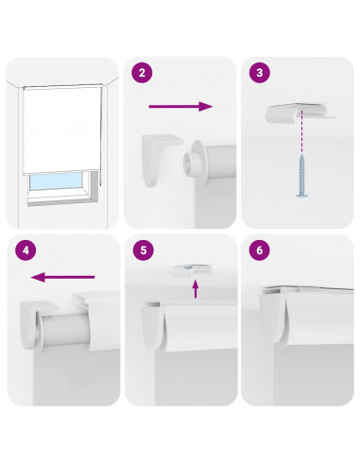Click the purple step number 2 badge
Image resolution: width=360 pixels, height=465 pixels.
tap(142, 73)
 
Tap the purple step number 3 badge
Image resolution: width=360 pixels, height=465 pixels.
tap(260, 73)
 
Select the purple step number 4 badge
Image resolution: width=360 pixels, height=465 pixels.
tap(26, 250)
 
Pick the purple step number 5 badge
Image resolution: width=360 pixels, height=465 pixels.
tap(144, 250)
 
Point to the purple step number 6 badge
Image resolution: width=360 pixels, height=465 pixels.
tap(260, 250)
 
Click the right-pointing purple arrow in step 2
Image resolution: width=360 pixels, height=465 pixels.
tap(180, 107)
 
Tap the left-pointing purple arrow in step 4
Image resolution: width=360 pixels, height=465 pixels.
tap(62, 277)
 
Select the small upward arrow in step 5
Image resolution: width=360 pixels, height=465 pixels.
tap(196, 289)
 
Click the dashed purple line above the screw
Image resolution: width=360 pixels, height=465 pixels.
tap(301, 132)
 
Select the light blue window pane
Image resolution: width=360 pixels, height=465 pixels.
tap(55, 181)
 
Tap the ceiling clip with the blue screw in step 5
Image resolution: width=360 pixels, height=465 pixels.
tap(191, 269)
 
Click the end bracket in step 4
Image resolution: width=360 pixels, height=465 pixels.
tap(37, 324)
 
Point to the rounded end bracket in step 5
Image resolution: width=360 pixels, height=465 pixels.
tap(153, 324)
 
